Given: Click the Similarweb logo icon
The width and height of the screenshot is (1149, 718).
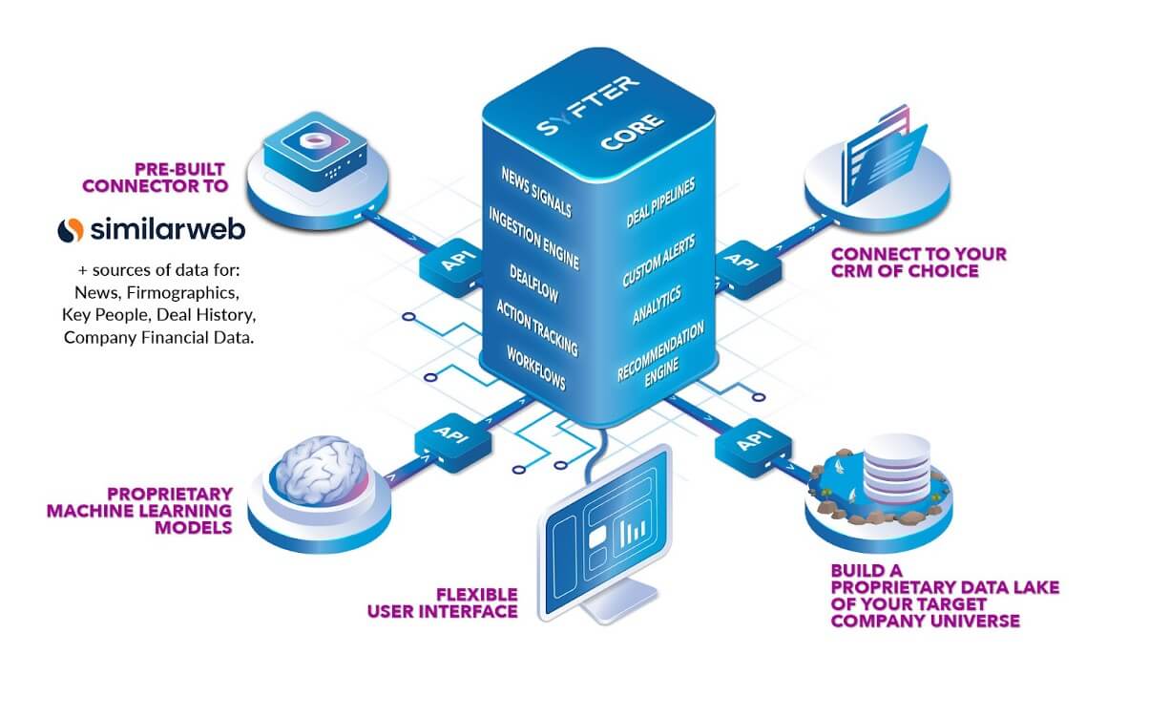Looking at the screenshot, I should click(71, 230).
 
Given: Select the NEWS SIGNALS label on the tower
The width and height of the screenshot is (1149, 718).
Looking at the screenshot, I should click(536, 190).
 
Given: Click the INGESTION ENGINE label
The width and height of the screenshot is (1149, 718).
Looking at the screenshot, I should click(533, 237).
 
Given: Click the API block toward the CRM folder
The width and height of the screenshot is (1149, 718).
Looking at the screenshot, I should click(740, 263).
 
